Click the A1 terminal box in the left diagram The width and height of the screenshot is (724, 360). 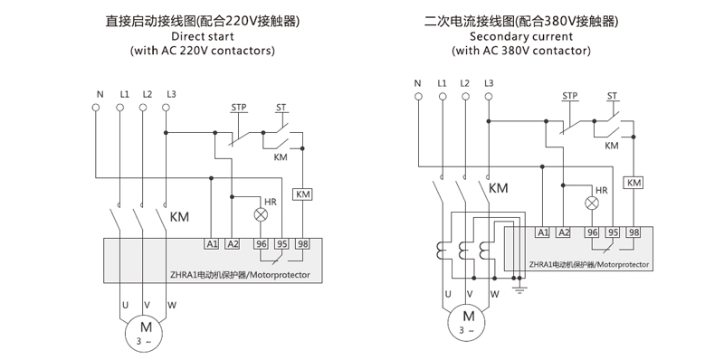click(211, 243)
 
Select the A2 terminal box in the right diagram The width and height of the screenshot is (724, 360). click(563, 233)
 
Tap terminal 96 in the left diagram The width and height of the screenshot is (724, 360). click(262, 243)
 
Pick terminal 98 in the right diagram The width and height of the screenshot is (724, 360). click(633, 233)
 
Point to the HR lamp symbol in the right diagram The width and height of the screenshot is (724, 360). click(593, 204)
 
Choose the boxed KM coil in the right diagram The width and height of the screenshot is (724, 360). click(633, 183)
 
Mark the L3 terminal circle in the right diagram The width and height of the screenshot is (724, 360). click(489, 98)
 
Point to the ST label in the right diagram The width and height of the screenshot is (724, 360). click(613, 96)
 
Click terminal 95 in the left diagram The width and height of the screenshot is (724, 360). click(282, 243)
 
